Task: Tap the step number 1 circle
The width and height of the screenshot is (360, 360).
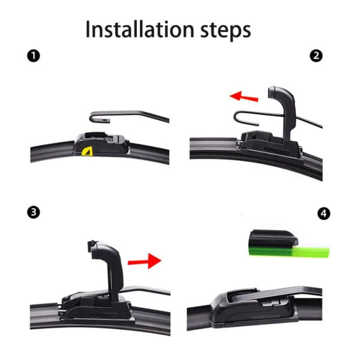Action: pos(35,56)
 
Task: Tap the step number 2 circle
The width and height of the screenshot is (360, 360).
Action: pos(316,56)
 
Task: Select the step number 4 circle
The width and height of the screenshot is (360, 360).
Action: pos(325,213)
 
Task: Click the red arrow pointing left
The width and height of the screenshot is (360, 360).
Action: pos(244,96)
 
